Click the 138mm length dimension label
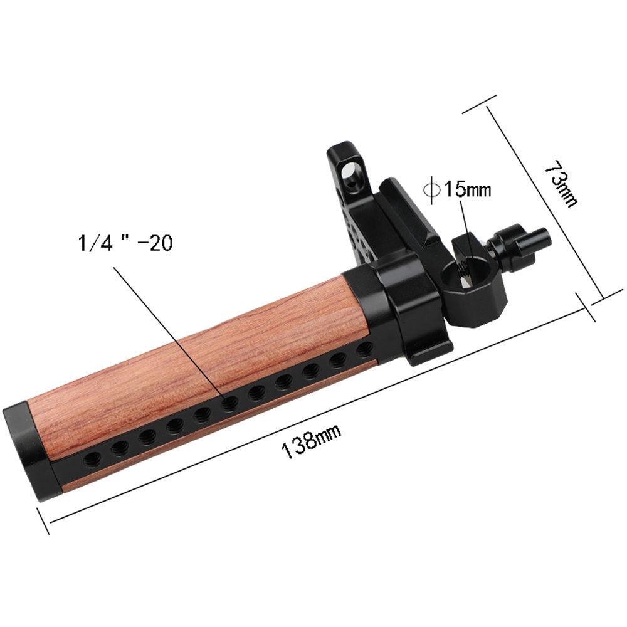pos(312,441)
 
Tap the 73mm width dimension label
pos(559,184)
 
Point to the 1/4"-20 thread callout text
pos(124,243)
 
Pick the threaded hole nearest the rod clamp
pos(362,348)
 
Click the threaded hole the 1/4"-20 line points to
pos(228,403)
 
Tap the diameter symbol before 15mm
pos(432,189)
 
